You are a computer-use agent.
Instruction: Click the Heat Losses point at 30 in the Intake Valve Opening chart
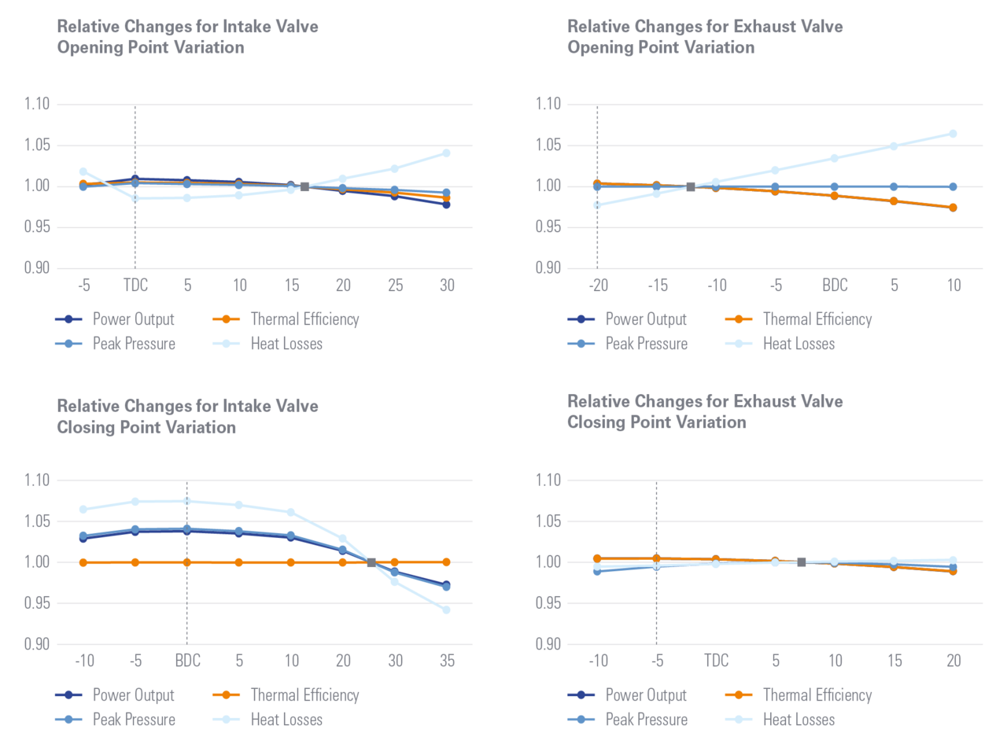pyautogui.click(x=446, y=153)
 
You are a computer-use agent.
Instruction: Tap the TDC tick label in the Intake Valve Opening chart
pyautogui.click(x=135, y=285)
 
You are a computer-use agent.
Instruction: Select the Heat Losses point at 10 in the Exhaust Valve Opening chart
pyautogui.click(x=954, y=134)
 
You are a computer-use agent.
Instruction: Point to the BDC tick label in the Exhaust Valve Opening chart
pyautogui.click(x=835, y=285)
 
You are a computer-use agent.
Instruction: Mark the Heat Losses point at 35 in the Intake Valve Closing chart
pyautogui.click(x=446, y=610)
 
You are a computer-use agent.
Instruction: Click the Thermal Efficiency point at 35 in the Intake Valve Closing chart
pyautogui.click(x=446, y=562)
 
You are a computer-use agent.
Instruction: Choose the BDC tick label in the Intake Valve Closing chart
pyautogui.click(x=186, y=661)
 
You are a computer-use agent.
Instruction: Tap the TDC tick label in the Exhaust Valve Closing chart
pyautogui.click(x=716, y=661)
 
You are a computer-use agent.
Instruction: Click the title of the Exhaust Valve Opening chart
pyautogui.click(x=705, y=37)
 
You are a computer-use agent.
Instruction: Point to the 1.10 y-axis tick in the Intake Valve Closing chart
pyautogui.click(x=38, y=480)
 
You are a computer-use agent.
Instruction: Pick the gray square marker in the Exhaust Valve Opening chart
pyautogui.click(x=691, y=186)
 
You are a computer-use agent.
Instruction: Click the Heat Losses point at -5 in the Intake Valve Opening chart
pyautogui.click(x=83, y=171)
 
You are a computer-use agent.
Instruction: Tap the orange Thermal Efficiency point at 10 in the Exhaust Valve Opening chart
pyautogui.click(x=954, y=208)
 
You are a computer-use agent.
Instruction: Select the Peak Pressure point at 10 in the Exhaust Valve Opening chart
pyautogui.click(x=954, y=186)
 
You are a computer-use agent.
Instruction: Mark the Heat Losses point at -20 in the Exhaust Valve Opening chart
pyautogui.click(x=598, y=205)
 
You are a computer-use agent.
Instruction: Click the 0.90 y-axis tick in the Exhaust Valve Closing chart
pyautogui.click(x=548, y=644)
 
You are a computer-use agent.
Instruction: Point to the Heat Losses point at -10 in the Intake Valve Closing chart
pyautogui.click(x=83, y=510)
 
